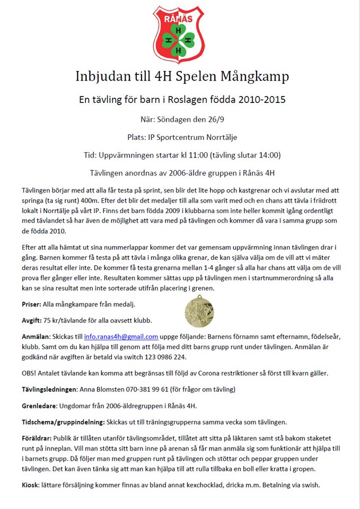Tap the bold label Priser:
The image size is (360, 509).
point(33,304)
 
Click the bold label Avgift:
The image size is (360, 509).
point(33,320)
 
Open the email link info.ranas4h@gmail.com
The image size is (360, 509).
point(121,337)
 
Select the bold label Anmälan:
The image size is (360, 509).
point(36,337)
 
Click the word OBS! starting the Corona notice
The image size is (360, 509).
point(30,373)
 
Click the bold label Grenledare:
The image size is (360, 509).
point(40,406)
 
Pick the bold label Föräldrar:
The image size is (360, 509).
point(37,438)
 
